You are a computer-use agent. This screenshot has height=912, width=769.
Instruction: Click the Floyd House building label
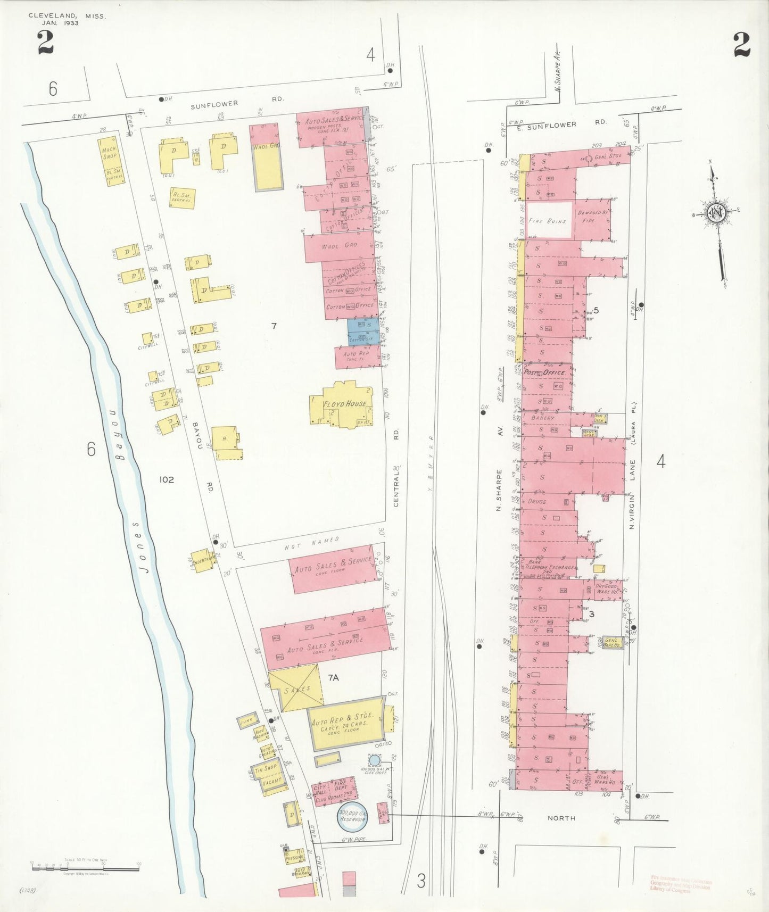pyautogui.click(x=344, y=404)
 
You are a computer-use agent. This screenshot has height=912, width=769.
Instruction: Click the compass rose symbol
pyautogui.click(x=716, y=212)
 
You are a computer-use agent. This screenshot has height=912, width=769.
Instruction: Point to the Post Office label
pyautogui.click(x=545, y=372)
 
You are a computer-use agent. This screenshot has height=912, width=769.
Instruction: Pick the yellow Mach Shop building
pyautogui.click(x=111, y=160)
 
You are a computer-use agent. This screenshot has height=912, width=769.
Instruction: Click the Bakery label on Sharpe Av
pyautogui.click(x=543, y=418)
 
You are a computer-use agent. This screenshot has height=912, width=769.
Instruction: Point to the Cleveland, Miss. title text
pyautogui.click(x=67, y=16)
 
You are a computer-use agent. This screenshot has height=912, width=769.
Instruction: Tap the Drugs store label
pyautogui.click(x=537, y=502)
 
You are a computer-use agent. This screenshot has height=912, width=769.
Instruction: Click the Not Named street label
pyautogui.click(x=312, y=543)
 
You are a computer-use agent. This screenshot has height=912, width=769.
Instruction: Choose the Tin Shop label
pyautogui.click(x=266, y=769)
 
